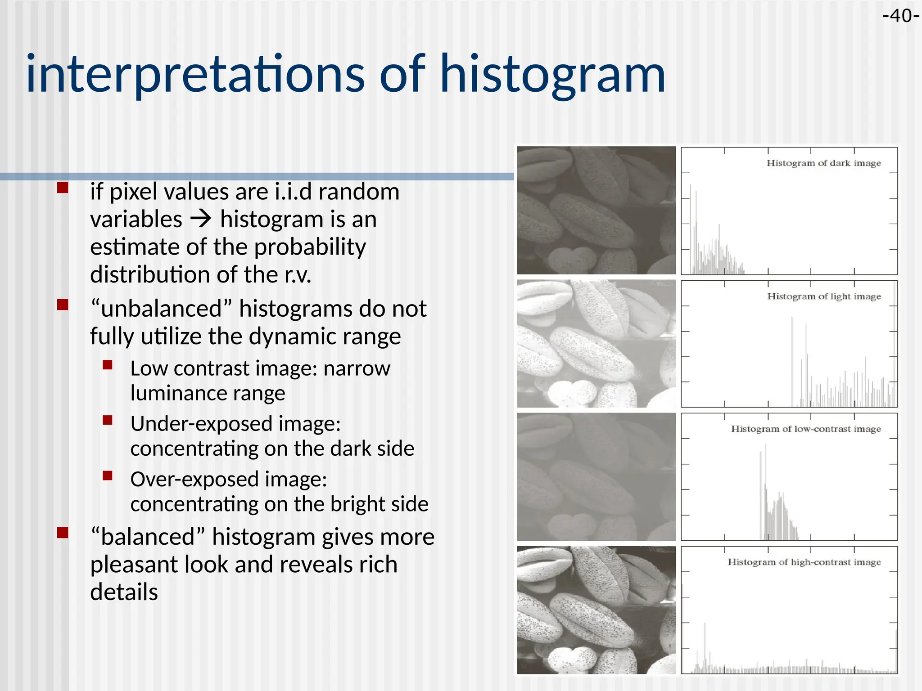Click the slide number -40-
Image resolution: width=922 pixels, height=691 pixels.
(900, 16)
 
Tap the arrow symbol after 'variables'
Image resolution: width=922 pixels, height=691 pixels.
(201, 220)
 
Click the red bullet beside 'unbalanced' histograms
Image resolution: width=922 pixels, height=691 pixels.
(63, 305)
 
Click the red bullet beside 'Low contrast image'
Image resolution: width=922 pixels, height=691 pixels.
(107, 364)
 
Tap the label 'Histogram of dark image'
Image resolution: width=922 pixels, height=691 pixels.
(823, 163)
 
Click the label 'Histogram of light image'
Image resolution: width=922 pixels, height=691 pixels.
(823, 296)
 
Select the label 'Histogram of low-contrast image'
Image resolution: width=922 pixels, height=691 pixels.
(805, 429)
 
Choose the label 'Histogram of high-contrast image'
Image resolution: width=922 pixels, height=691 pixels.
(804, 562)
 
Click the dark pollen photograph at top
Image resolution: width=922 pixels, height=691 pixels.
(596, 210)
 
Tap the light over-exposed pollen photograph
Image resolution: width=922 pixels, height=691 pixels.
(596, 344)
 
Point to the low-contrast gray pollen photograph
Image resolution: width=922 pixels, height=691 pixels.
(596, 477)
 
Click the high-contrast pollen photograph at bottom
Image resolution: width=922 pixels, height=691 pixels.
(596, 610)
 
